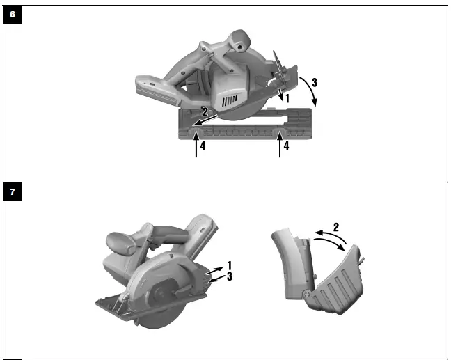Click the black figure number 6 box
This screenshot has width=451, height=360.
pos(13,15)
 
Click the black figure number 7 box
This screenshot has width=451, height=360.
pos(13,191)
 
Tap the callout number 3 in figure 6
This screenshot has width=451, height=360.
pos(315,83)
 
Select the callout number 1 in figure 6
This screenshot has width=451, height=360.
pos(287,98)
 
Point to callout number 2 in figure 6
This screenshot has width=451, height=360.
pos(205,111)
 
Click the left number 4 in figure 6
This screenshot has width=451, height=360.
pos(203,146)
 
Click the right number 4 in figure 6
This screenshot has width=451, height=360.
pos(286,146)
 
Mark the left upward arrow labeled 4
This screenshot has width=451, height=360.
pos(196,143)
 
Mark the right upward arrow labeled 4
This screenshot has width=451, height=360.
pos(280,143)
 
